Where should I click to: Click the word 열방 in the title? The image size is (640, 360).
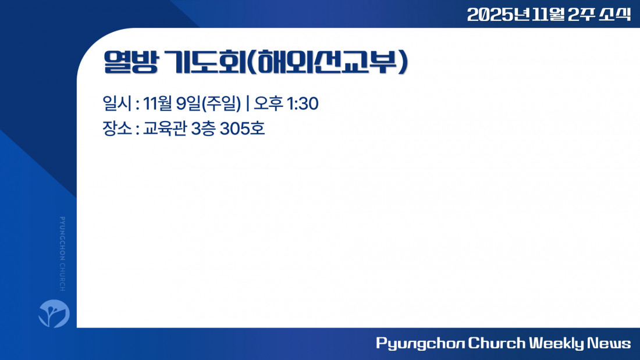coord(130,62)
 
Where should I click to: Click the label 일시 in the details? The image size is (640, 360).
coord(117,104)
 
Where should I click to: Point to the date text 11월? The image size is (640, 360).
coord(157,104)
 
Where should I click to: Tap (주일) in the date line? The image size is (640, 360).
coord(221,104)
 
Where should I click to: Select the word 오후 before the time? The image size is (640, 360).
coord(269,104)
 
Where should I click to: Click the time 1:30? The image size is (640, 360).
coord(303,104)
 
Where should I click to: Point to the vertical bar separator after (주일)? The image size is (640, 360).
coord(248,104)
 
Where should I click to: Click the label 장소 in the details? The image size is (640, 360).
coord(117,129)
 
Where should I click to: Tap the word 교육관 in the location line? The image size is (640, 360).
coord(165,129)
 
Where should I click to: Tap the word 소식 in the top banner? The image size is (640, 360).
coord(615,15)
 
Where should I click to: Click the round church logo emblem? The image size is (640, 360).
coord(54,313)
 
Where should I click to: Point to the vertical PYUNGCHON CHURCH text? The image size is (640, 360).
coord(62,254)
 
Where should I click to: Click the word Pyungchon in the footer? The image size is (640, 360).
coord(420,343)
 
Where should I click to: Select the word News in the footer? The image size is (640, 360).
coord(609,343)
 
